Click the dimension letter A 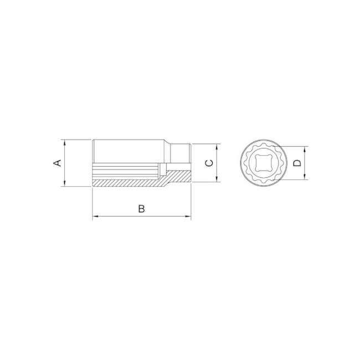[x=57, y=163]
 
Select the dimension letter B [x=142, y=209]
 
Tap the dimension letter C [x=209, y=163]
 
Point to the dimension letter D [x=297, y=163]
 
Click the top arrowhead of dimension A [x=64, y=142]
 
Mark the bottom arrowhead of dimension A [x=64, y=183]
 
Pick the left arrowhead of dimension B [x=95, y=216]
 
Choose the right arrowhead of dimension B [x=188, y=216]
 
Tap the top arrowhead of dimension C [x=217, y=147]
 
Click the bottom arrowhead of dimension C [x=217, y=179]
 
